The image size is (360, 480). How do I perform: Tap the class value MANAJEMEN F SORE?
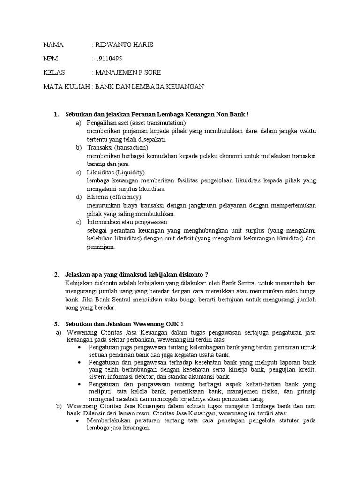point(127,73)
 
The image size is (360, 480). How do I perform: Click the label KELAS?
point(53,73)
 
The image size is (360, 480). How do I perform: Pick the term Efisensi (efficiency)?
point(111,197)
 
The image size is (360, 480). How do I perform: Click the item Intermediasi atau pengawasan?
point(127,222)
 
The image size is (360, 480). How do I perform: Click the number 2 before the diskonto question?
point(56,274)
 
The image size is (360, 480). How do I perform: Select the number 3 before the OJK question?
point(56,324)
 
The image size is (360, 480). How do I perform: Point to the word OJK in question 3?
point(170,324)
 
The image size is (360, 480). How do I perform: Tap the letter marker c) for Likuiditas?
point(78,172)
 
